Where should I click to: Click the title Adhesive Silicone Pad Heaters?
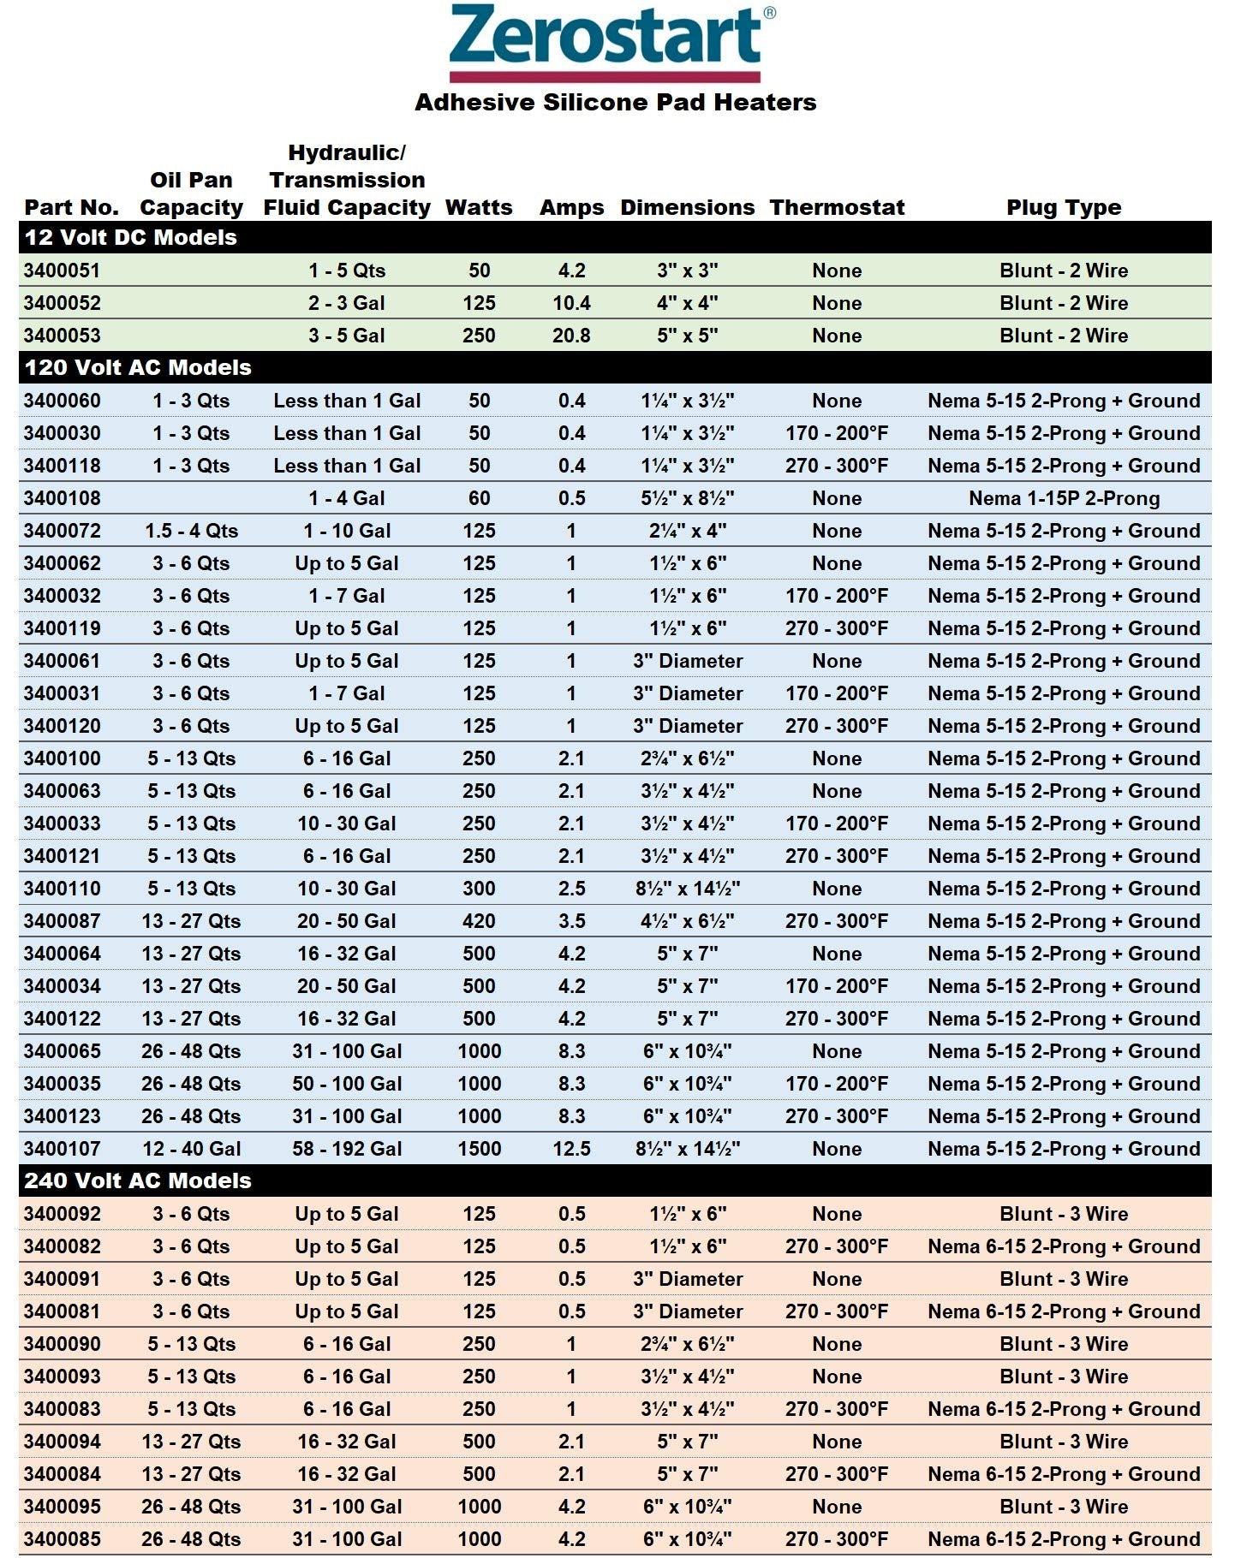[615, 103]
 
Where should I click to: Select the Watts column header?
[479, 207]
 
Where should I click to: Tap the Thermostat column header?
[837, 207]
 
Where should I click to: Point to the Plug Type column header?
[1064, 207]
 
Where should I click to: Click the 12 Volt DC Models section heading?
[131, 237]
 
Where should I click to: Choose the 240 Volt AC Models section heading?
[138, 1180]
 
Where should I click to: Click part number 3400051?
[62, 271]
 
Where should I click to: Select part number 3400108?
[62, 498]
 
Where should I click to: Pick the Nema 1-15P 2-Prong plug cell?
[1064, 498]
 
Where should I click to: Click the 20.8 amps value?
[571, 336]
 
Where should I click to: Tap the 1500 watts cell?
[479, 1149]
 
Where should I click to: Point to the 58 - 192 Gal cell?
[347, 1149]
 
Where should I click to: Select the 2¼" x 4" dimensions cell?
[688, 531]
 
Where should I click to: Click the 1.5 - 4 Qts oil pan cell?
[191, 531]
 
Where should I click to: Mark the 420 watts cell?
[479, 921]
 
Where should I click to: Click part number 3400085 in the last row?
[62, 1539]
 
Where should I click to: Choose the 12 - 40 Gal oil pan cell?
[191, 1149]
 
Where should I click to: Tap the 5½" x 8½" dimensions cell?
[688, 498]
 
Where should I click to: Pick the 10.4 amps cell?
[571, 303]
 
